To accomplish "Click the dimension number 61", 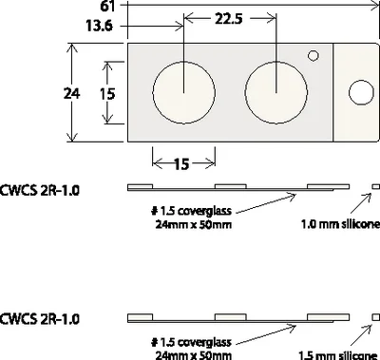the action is click(107, 6).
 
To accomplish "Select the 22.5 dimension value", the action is click(229, 19).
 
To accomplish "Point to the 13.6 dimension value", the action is click(99, 26).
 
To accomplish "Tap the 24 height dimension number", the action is click(71, 93).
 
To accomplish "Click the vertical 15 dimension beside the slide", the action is click(107, 94).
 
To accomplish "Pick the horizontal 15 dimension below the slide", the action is click(181, 164).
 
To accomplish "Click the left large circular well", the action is click(184, 92).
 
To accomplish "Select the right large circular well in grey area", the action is click(276, 92).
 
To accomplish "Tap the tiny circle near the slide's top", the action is click(313, 56).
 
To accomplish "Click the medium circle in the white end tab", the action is click(361, 92).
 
